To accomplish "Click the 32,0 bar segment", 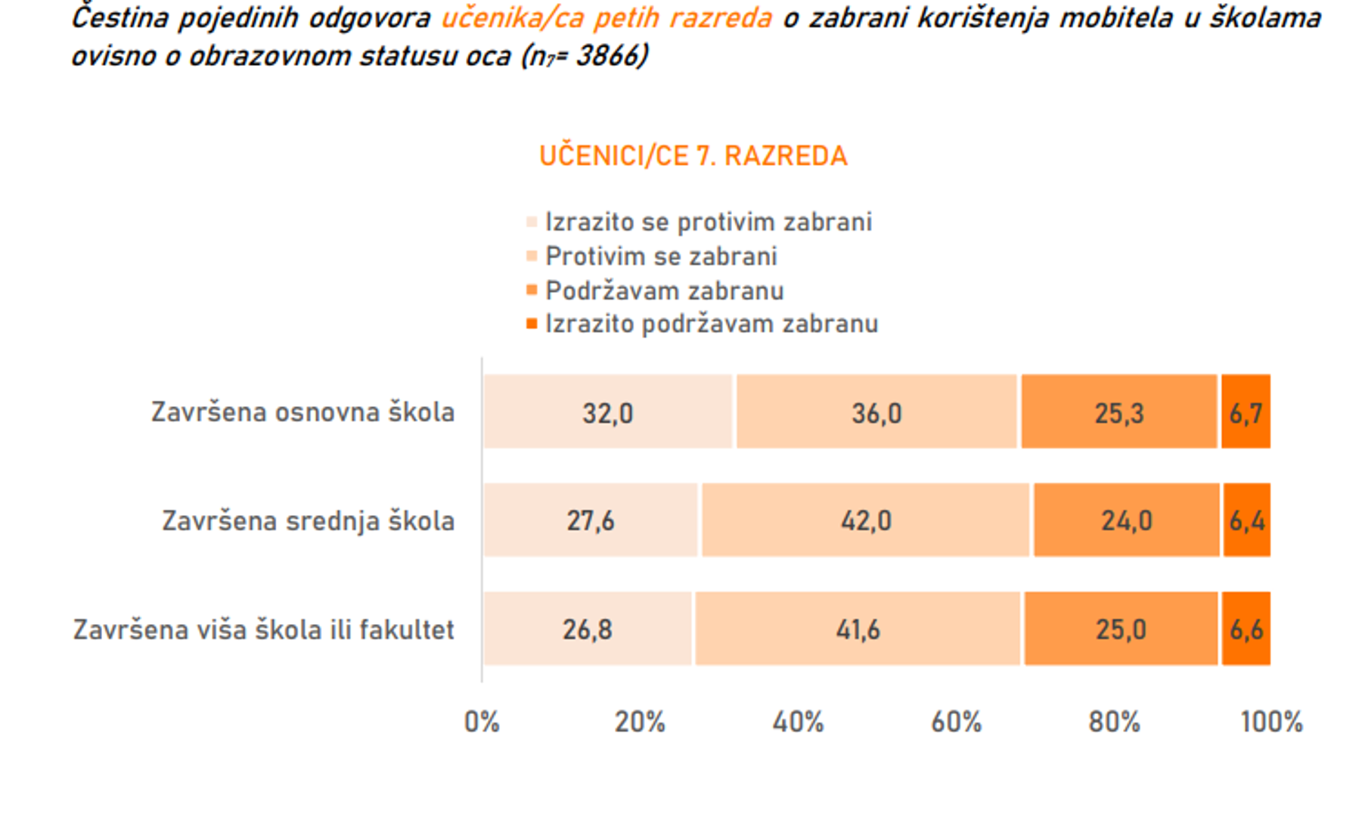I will pos(608,412).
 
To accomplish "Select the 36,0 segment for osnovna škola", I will pos(876,412).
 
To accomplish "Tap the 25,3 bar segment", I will pos(1119,412).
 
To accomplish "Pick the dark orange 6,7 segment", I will pos(1246,412).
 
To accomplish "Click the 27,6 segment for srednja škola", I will pos(591,520).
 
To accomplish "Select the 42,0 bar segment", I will pos(866,520).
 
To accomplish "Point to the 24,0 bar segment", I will pos(1126,520).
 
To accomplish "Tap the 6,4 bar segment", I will pos(1246,520).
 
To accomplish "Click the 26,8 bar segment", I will pos(588,629).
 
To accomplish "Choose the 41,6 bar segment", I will pos(858,629).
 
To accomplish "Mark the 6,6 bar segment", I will pos(1246,629).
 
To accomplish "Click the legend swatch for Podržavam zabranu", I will pos(532,290).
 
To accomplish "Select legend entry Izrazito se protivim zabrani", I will pos(708,222).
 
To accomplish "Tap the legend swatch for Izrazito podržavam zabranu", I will pos(532,324).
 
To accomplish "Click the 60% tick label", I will pos(956,722).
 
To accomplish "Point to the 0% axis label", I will pos(482,722).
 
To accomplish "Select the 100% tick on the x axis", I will pos(1271,722).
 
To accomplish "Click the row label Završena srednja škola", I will pos(309,521).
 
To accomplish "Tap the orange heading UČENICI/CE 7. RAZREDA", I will pos(693,156).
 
